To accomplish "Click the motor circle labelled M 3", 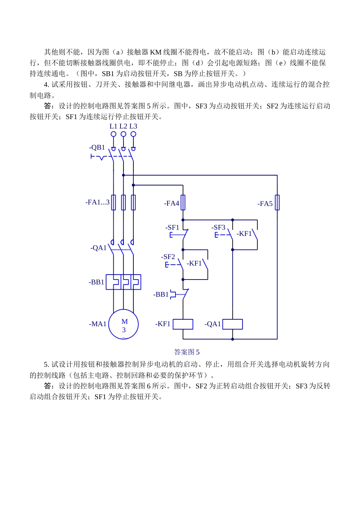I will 124,325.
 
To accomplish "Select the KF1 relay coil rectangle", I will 183,324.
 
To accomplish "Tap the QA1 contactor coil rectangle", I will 232,324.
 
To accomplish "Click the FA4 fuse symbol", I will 183,203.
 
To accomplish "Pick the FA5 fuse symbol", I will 277,203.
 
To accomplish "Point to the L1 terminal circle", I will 113,134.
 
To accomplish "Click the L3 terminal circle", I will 133,134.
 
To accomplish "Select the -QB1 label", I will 97,148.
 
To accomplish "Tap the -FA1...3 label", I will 97,202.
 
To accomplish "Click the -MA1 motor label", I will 98,324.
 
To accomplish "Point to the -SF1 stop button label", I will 172,228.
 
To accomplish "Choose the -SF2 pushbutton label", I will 168,257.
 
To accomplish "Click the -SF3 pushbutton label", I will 219,228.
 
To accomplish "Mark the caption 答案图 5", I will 186,352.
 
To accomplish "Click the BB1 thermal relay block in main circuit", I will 124,282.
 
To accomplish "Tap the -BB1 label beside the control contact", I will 161,294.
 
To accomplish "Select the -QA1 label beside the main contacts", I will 99,248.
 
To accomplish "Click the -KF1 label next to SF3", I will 244,234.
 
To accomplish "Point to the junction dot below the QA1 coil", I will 232,339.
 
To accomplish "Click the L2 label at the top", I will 123,126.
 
